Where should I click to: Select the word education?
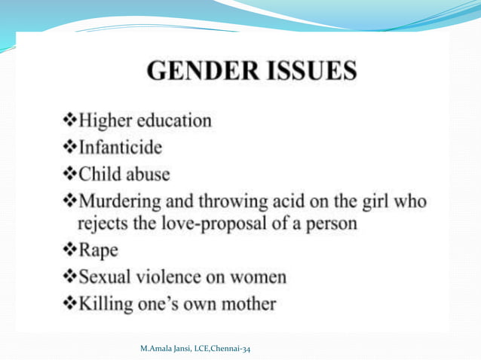tap(174, 121)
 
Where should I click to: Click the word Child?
tap(100, 175)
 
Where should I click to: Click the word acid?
tap(266, 203)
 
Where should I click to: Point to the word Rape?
tap(93, 252)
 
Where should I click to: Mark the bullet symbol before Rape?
tap(69, 252)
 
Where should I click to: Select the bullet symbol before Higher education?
tap(69, 121)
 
